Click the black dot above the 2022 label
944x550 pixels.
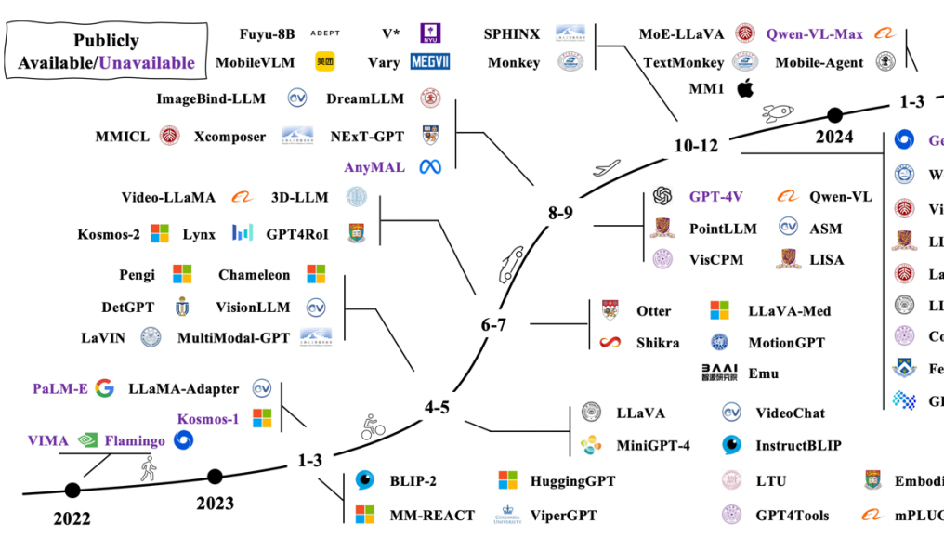coord(72,490)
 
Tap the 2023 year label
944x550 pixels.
coord(215,504)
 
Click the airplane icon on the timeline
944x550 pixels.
coord(606,167)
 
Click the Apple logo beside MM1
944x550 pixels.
coord(743,89)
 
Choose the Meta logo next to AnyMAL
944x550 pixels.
coord(428,167)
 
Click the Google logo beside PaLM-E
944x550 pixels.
coord(104,388)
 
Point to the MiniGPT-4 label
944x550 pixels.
coord(653,445)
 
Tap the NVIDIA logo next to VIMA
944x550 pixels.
coord(88,441)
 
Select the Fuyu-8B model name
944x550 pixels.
coord(267,34)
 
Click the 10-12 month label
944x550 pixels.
coord(696,145)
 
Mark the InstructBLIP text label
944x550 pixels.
coord(798,445)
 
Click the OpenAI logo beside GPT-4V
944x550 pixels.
coord(662,197)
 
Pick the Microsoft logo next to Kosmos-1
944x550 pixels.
coord(263,418)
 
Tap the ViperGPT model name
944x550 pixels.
coord(563,515)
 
